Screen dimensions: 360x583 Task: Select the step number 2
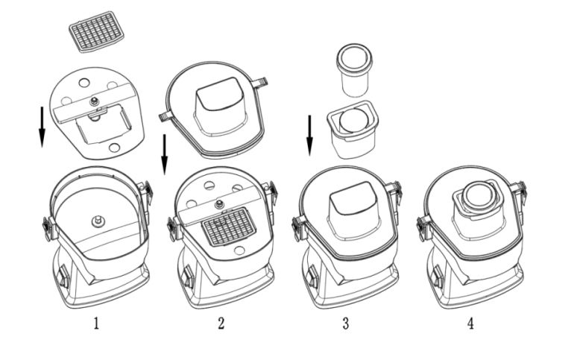[220, 325]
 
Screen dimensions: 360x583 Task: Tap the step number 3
[346, 325]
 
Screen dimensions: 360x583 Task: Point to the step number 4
[471, 325]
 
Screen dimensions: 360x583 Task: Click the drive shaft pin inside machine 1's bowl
[97, 220]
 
